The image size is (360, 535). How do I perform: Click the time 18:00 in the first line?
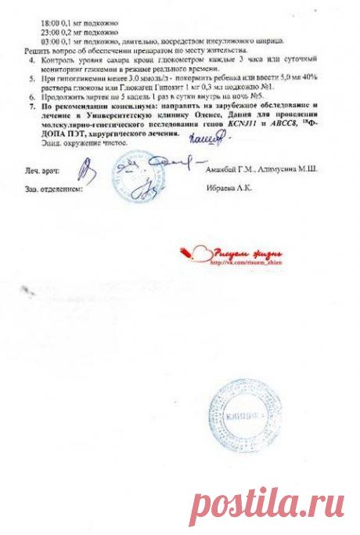coord(49,24)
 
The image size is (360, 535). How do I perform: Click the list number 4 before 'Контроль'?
coord(31,60)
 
